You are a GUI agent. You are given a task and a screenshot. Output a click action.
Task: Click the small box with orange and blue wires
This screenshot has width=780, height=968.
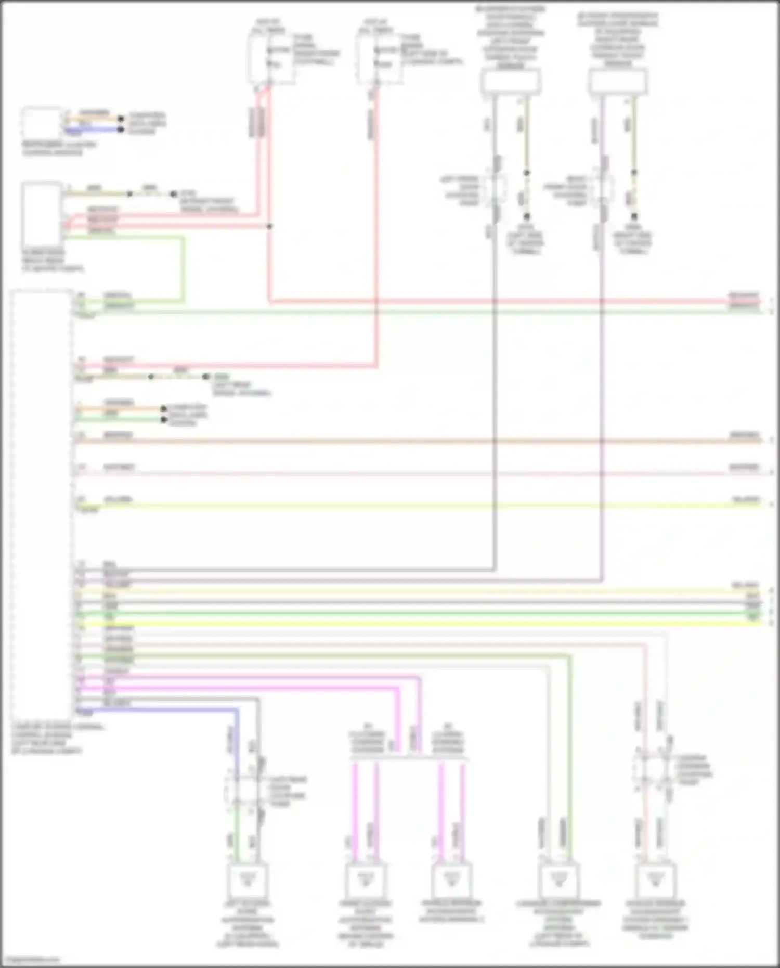coord(41,123)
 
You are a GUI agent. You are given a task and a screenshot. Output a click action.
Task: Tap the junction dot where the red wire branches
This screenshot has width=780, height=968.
coord(269,226)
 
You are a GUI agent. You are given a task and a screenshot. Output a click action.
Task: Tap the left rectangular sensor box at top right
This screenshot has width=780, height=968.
coord(510,82)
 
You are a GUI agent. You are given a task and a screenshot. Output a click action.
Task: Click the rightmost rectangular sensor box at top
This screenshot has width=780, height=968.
coord(618,82)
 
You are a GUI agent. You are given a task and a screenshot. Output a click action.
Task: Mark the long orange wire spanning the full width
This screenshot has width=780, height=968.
coord(416,441)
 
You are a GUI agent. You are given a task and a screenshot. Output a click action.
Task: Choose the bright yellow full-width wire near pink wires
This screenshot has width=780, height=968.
coord(416,623)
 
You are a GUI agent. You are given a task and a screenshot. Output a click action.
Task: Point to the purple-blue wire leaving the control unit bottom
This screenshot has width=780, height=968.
coord(156,709)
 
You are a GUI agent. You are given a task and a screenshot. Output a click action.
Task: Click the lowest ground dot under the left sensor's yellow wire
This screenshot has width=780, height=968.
coord(526,216)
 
